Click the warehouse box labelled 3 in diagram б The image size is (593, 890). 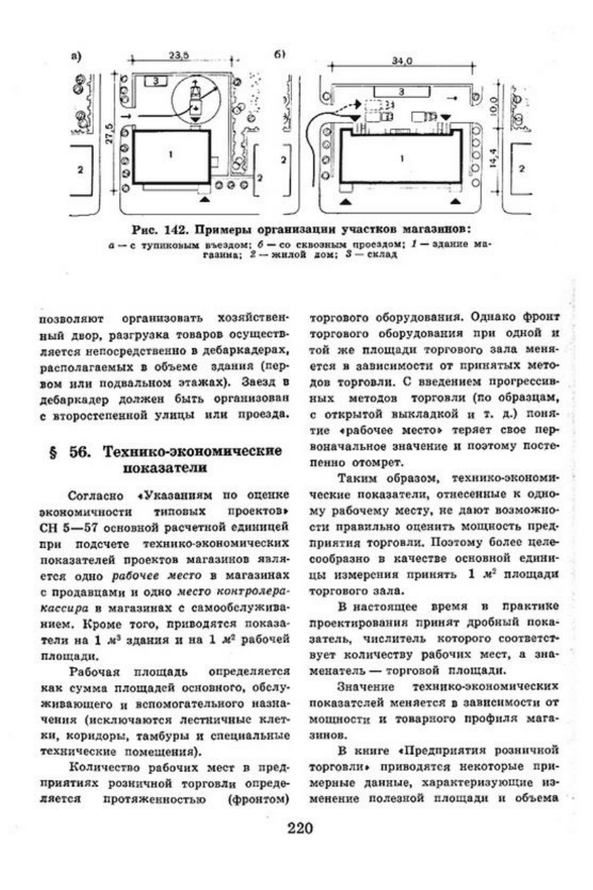[x=400, y=92]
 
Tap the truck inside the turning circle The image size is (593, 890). [x=197, y=97]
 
